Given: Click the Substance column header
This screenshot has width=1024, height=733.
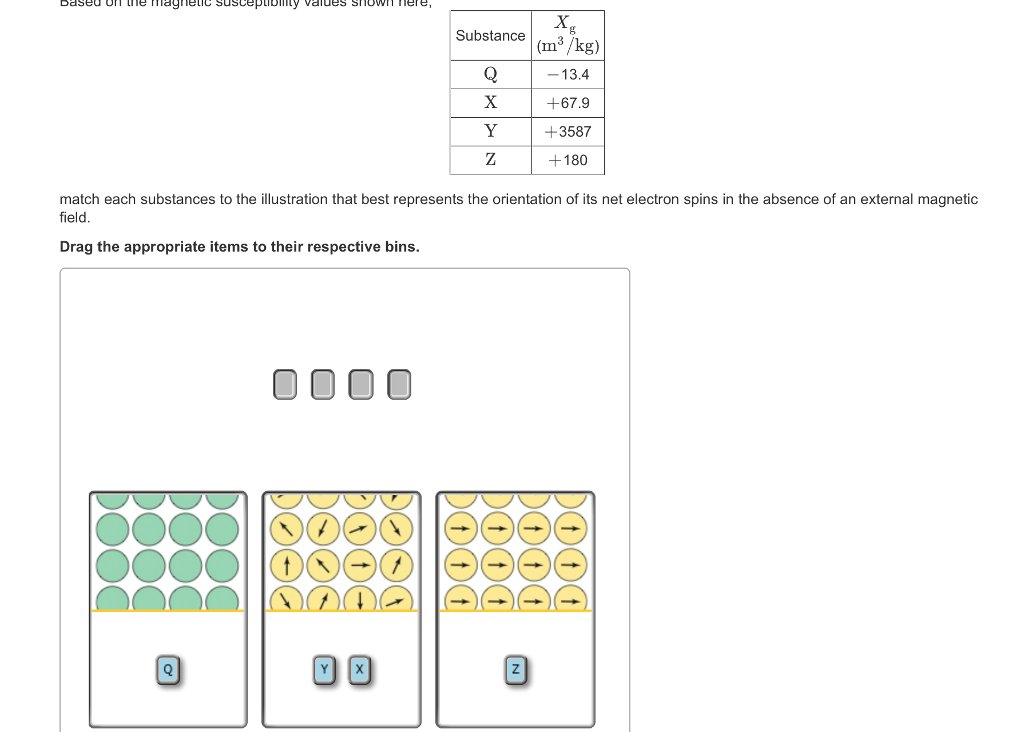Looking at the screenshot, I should pos(490,35).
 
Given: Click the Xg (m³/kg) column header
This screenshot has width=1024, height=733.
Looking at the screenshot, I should pos(567,35).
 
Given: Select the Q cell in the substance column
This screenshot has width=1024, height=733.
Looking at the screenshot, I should pos(490,74).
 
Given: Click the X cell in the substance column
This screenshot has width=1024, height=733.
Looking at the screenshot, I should pos(490,102).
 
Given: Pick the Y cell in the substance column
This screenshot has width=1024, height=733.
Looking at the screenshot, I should pos(490,131).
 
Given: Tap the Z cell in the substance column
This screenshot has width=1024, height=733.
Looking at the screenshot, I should pos(490,160).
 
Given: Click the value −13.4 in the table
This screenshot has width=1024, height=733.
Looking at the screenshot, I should pos(568,74).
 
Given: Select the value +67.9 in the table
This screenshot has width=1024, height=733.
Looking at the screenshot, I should pos(568,103).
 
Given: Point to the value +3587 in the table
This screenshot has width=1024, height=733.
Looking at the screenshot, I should pos(568,132).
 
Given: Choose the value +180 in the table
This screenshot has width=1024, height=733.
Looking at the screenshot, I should pos(568,160).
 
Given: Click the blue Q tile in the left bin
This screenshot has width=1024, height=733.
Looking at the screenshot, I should pos(168,670).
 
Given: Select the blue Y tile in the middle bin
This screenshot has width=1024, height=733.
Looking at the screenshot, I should pos(324,670).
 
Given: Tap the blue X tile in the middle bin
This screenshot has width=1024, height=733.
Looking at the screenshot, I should pos(359,670).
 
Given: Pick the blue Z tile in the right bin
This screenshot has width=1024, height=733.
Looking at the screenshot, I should pos(515,670).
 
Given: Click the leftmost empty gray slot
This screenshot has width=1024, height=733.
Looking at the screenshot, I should pos(285,384).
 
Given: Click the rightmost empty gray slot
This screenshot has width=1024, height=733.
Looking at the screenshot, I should pos(399,384).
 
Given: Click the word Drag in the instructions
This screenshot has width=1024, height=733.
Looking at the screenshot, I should pos(76,246).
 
